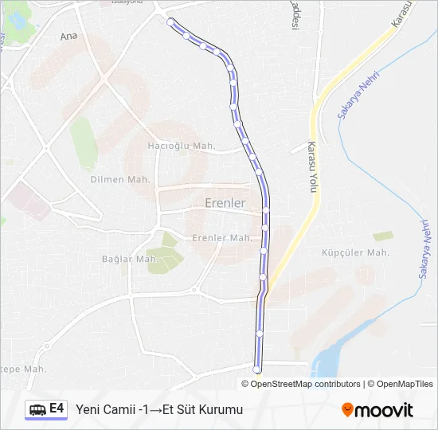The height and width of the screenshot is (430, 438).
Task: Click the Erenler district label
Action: (225, 203)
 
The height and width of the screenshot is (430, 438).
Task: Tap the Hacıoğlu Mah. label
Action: (182, 146)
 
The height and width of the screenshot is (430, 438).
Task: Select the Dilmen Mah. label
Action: (120, 179)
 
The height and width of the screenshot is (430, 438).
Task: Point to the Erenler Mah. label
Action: (222, 237)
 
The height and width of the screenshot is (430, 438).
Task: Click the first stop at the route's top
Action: (170, 21)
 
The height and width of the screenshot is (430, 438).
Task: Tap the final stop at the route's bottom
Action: (256, 369)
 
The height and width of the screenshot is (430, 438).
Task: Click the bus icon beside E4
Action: (37, 409)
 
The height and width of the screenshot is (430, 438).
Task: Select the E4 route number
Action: (57, 408)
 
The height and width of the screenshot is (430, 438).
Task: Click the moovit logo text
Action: (384, 410)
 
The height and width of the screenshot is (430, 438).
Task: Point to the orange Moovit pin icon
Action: (347, 410)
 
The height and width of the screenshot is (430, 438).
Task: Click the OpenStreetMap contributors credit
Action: (305, 384)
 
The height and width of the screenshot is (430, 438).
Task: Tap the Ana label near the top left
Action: (69, 37)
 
